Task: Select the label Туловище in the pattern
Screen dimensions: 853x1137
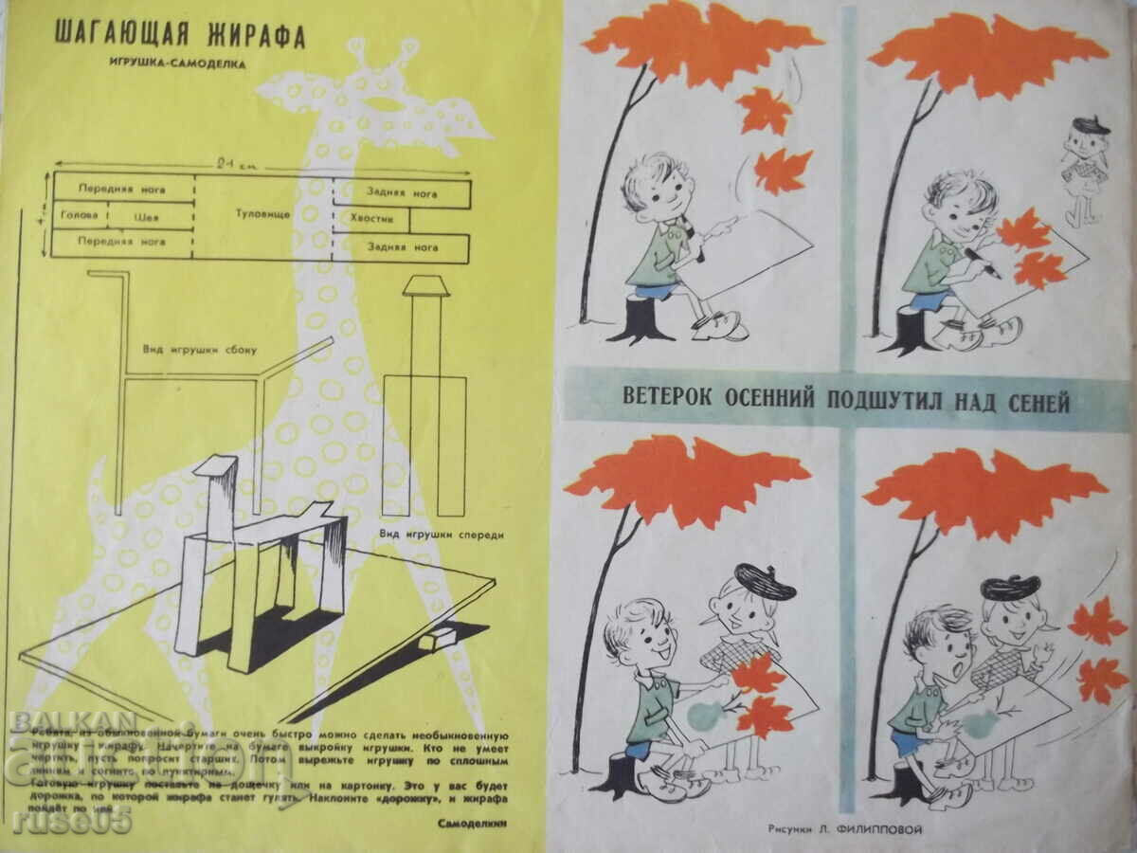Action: pyautogui.click(x=262, y=214)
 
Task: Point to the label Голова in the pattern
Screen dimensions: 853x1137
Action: pyautogui.click(x=78, y=215)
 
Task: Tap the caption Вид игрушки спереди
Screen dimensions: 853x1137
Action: pyautogui.click(x=442, y=535)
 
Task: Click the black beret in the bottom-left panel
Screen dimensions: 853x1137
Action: pyautogui.click(x=765, y=582)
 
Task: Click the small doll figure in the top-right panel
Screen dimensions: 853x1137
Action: pyautogui.click(x=1081, y=171)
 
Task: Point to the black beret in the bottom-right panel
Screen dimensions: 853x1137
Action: pyautogui.click(x=1010, y=588)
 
